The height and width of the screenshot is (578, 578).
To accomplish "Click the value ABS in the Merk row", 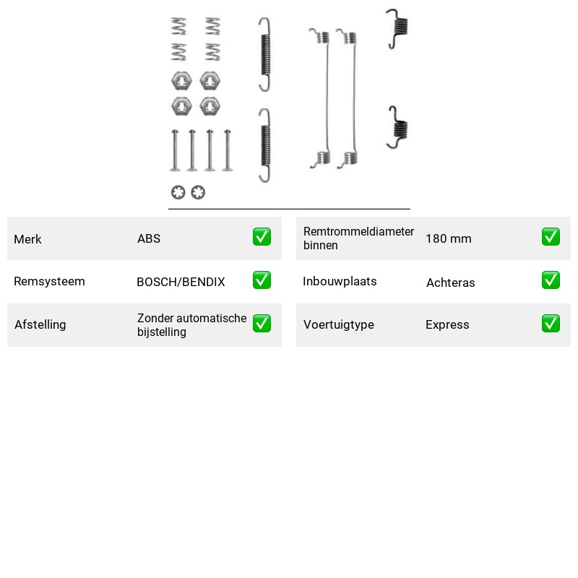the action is tap(149, 238).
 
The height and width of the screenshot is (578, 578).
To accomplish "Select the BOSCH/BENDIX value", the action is tap(181, 282).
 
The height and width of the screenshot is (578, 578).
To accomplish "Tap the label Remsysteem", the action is tap(49, 281).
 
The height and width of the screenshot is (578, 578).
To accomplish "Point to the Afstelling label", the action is tap(40, 324).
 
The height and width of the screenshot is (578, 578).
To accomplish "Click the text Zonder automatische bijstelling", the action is tap(191, 324).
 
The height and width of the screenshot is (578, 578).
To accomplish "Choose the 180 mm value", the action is tap(448, 238).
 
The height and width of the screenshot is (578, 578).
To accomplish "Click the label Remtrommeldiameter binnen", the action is tap(358, 238).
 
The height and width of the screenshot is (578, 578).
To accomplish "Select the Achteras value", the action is tap(450, 282).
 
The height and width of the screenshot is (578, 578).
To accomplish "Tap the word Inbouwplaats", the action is tap(340, 281).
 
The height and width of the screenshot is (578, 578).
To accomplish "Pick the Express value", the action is tap(447, 324).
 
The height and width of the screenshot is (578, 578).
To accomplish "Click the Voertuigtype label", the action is tap(338, 324).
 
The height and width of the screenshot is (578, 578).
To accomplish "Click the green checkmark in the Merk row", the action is tap(262, 237).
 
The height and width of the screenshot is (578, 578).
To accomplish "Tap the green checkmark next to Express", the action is tap(551, 323).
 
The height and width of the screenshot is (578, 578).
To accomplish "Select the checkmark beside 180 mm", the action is tap(551, 237).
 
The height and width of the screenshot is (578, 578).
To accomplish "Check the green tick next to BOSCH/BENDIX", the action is tap(262, 280).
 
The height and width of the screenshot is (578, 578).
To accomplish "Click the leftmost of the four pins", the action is tap(175, 150).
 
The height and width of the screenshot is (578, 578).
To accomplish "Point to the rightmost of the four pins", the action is tap(228, 150).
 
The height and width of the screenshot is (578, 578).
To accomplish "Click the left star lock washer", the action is tap(178, 192).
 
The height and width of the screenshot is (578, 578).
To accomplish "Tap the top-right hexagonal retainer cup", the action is tap(210, 81).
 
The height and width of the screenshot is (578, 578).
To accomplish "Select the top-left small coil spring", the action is tap(178, 26).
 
